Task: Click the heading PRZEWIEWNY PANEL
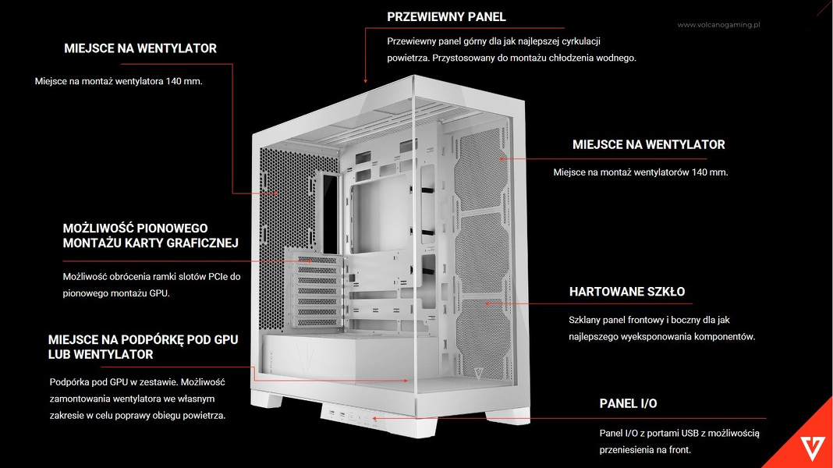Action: (x=446, y=16)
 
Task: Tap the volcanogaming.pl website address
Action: (x=718, y=25)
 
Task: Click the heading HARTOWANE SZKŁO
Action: (x=626, y=292)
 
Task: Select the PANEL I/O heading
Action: (x=628, y=403)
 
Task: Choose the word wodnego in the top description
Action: (x=616, y=58)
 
